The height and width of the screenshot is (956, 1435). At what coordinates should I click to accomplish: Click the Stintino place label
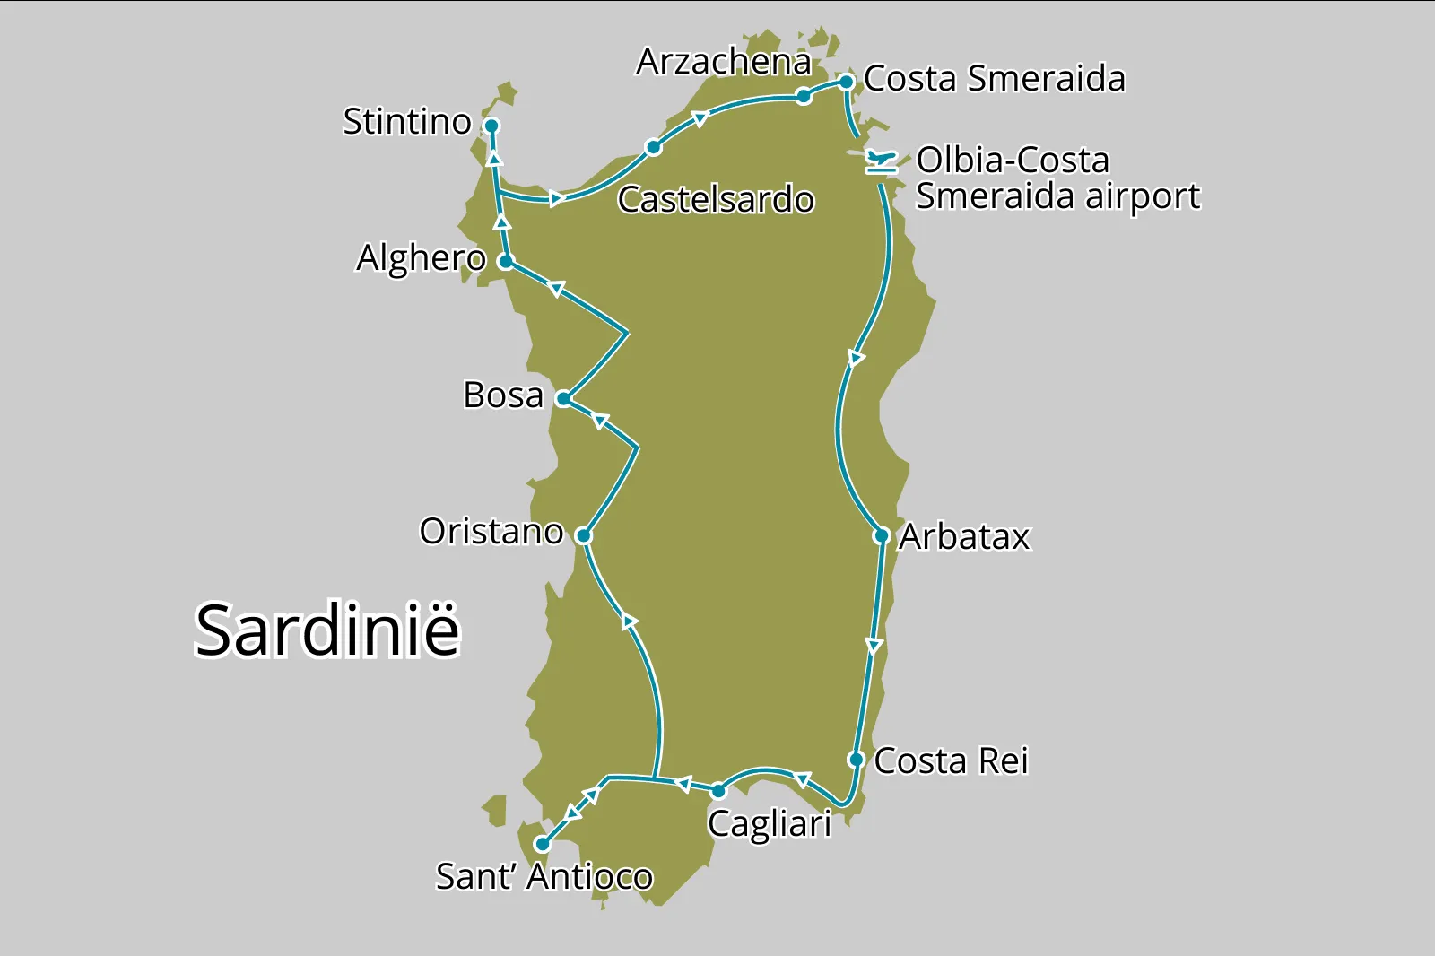[407, 122]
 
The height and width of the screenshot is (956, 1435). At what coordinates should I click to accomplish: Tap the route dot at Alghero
[506, 262]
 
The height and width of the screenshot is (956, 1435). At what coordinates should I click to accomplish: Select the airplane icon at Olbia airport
[882, 162]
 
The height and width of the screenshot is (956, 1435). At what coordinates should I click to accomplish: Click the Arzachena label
[723, 62]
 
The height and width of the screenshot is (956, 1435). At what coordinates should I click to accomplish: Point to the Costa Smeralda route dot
[846, 83]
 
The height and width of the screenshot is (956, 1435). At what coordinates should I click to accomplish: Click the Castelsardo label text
[716, 200]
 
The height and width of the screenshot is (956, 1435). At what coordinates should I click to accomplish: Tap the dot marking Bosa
[562, 399]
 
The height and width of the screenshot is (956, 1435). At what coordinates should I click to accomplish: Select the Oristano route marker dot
[583, 536]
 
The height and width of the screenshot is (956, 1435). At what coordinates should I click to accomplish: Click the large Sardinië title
[327, 630]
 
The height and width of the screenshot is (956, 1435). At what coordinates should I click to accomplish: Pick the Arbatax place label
[965, 537]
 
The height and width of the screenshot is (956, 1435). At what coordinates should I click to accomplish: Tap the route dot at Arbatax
[881, 536]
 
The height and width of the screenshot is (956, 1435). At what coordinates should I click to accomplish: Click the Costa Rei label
[951, 761]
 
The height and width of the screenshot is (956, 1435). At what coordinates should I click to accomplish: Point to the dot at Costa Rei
[856, 760]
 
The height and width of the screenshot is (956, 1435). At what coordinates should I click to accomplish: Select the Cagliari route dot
[717, 791]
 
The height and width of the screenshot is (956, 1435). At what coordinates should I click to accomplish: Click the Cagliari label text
[770, 824]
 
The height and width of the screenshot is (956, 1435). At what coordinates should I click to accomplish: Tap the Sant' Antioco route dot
[542, 844]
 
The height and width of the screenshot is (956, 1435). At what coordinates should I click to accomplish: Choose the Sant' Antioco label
[544, 877]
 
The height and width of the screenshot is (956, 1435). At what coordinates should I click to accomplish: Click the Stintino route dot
[491, 126]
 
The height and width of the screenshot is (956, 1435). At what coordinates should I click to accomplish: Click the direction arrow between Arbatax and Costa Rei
[874, 646]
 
